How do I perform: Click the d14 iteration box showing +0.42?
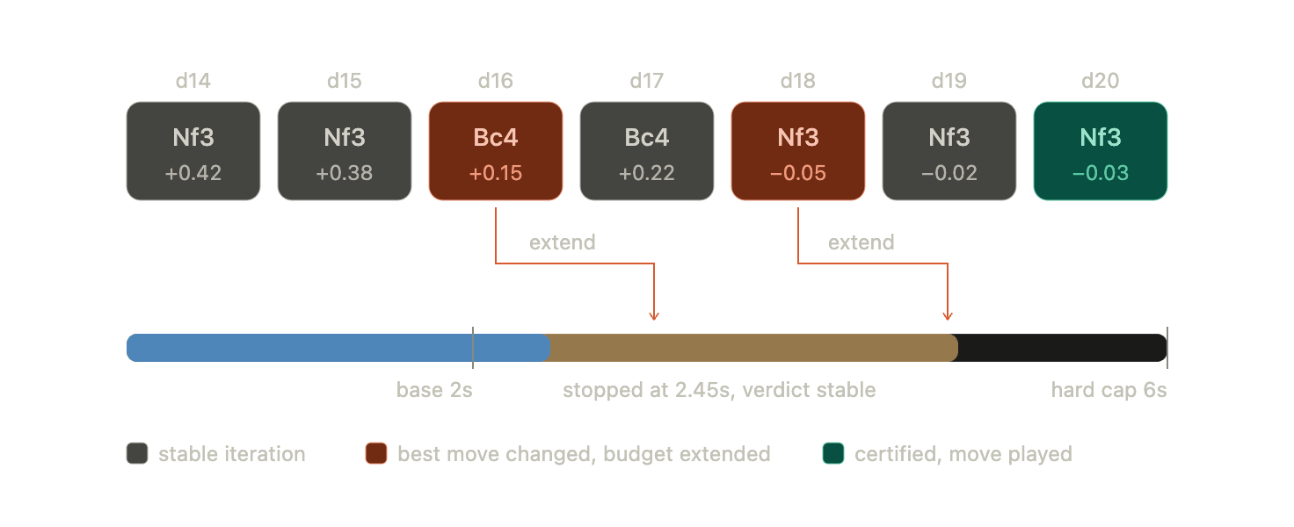tap(193, 151)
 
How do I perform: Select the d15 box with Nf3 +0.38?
tap(345, 151)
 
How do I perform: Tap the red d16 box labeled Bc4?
tap(496, 151)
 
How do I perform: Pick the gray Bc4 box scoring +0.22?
tap(647, 151)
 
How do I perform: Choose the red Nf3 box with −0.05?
tap(798, 151)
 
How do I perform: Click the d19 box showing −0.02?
tap(949, 151)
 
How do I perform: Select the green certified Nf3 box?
tap(1101, 151)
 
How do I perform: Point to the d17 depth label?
tap(647, 81)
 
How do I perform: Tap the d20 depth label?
tap(1101, 81)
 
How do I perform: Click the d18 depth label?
tap(798, 81)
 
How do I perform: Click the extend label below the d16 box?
tap(562, 242)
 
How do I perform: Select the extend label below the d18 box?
tap(861, 242)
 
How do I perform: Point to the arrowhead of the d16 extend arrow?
tap(654, 319)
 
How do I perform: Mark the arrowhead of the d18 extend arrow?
tap(948, 319)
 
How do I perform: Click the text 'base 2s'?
tap(434, 390)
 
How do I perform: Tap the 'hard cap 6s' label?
tap(1109, 390)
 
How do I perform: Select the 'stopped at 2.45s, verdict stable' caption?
tap(719, 390)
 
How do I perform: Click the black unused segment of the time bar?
tap(1062, 348)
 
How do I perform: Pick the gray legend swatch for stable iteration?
tap(137, 454)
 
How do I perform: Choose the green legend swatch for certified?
tap(833, 454)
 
